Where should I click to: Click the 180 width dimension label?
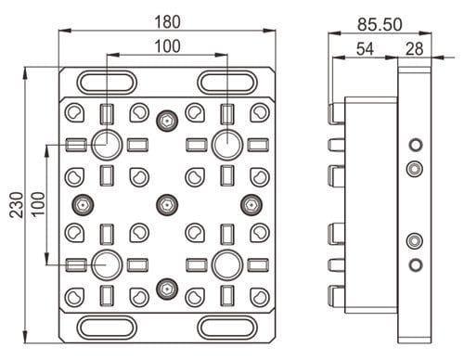pos(167,22)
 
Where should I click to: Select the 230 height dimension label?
pos(17,205)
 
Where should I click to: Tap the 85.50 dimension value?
pos(380,24)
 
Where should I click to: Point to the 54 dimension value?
pos(365,49)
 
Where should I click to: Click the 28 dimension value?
pos(415,49)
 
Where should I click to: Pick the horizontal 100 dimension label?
pos(167,46)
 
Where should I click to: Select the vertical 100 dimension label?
pos(38,204)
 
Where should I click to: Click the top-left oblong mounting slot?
pos(107,83)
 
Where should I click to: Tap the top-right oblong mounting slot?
pos(227,83)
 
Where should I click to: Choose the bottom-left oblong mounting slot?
pos(107,328)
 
